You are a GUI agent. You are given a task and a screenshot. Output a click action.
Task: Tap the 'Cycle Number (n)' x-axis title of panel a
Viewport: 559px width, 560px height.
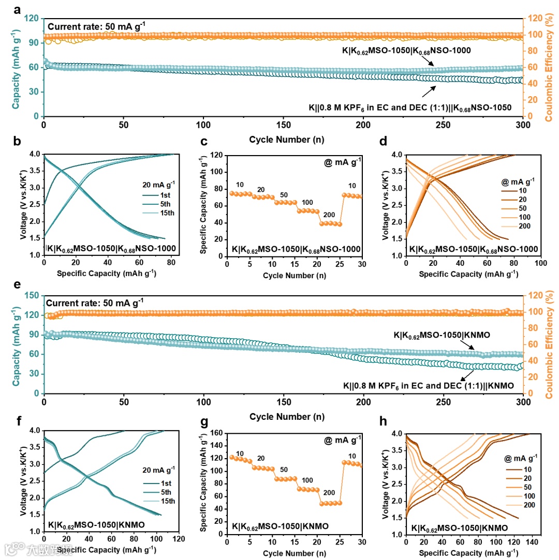coord(283,139)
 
